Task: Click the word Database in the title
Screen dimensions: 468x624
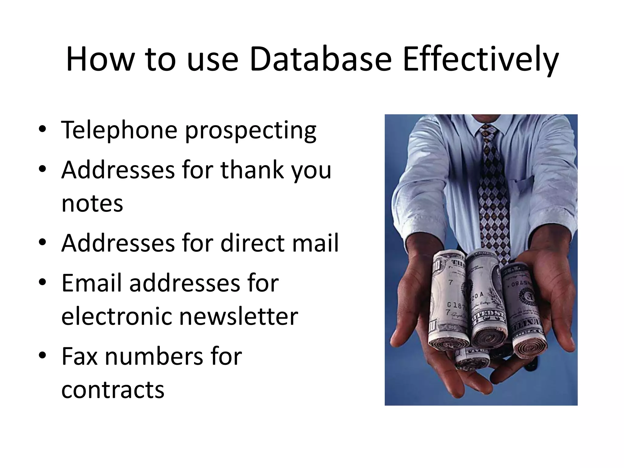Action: coord(320,59)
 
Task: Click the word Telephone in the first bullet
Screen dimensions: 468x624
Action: coord(119,130)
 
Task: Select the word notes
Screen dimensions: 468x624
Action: coord(92,204)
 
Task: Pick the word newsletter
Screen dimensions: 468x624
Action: coord(238,316)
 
